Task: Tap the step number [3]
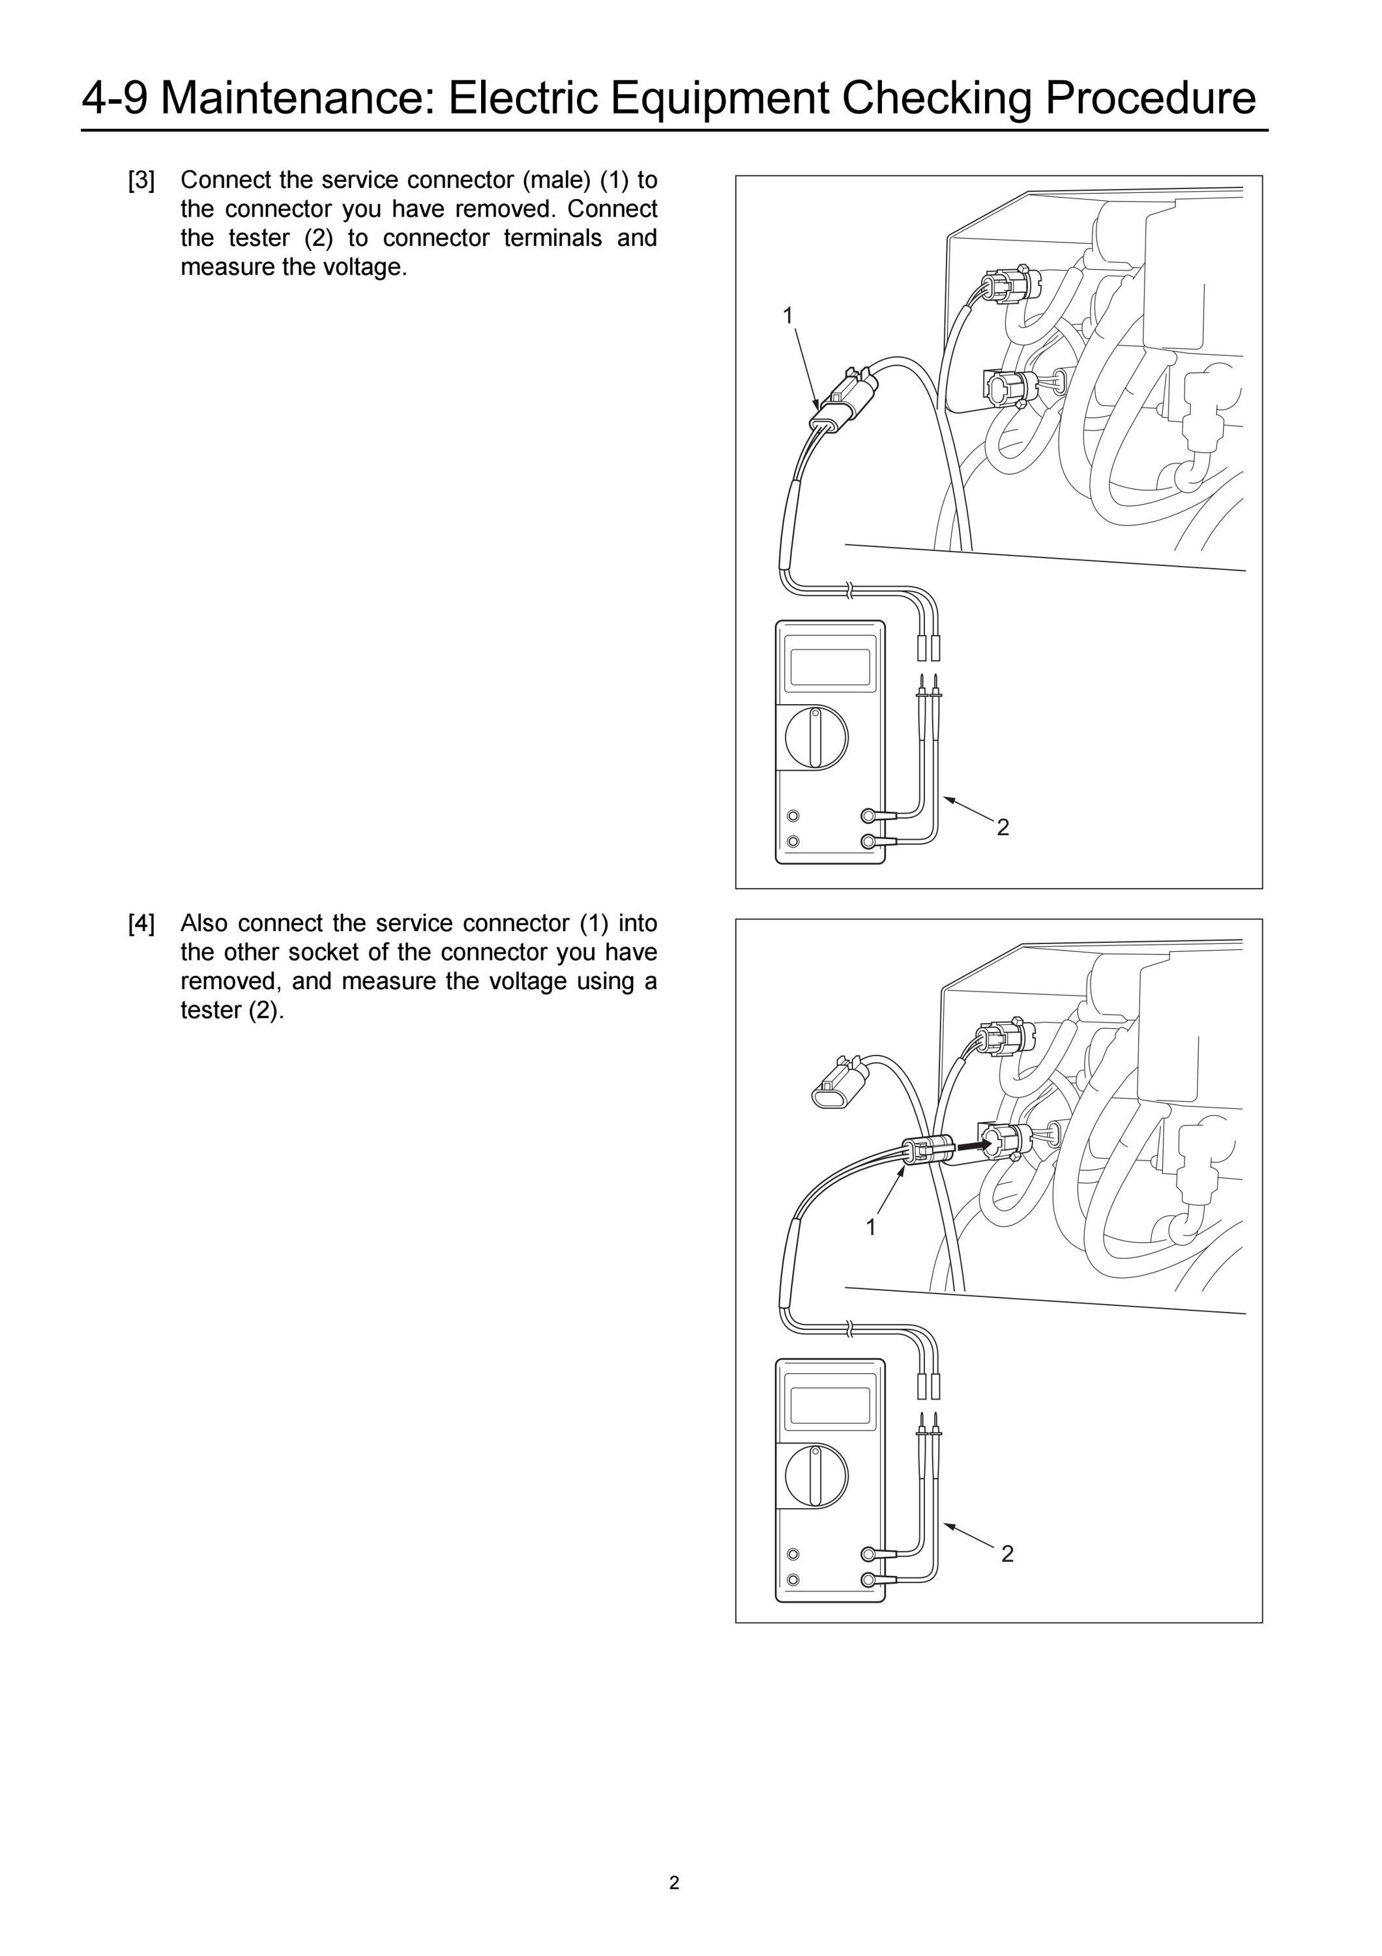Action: click(x=141, y=181)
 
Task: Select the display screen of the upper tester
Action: click(x=831, y=668)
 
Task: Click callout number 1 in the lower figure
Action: click(x=870, y=1227)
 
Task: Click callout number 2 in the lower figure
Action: click(x=1007, y=1554)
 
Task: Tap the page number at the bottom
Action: click(x=675, y=1883)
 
